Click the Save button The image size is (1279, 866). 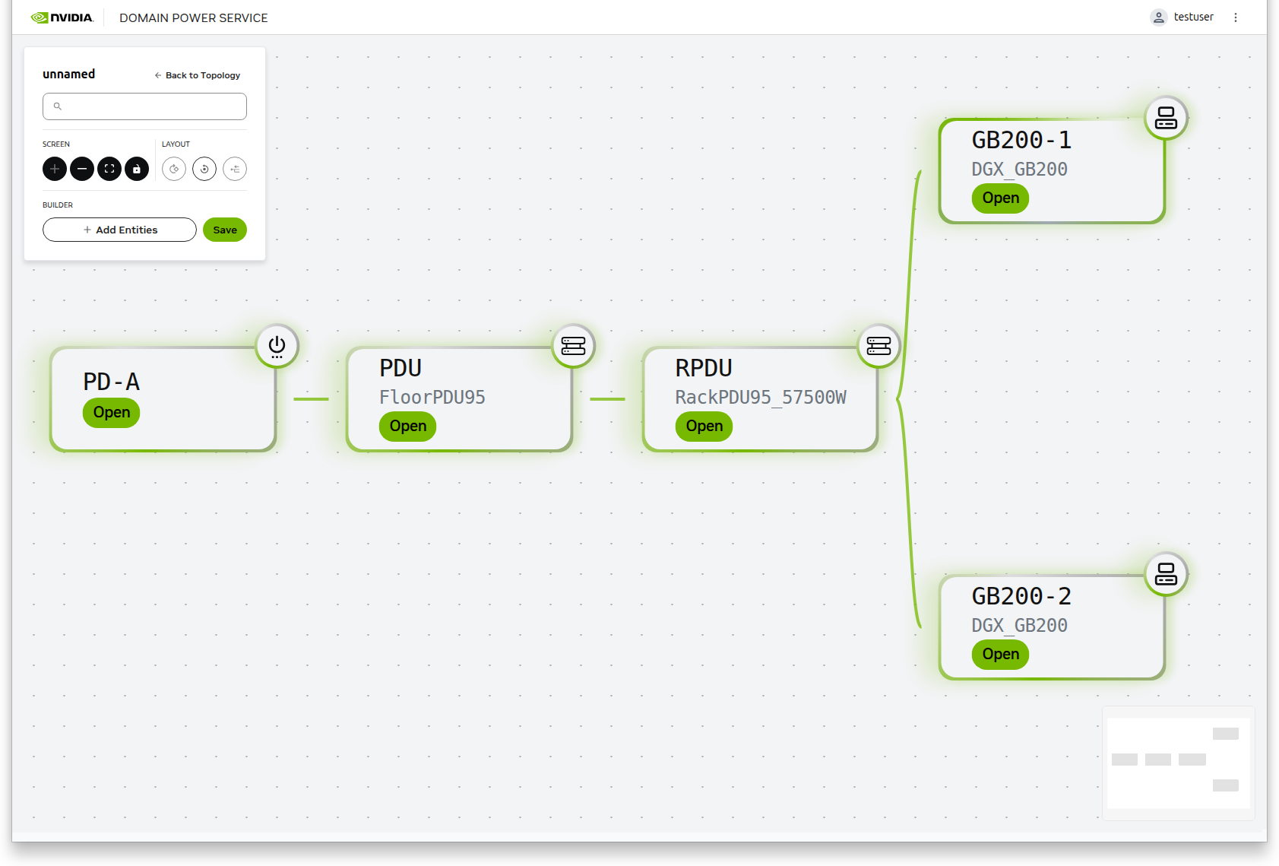tap(225, 230)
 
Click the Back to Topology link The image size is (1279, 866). tap(198, 75)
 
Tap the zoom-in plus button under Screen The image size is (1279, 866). tap(55, 169)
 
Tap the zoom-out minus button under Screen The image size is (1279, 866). tap(82, 169)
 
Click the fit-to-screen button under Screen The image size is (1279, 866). tap(109, 169)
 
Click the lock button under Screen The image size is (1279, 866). tap(137, 169)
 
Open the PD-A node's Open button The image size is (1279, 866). tap(111, 413)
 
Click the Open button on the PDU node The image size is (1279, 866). tap(407, 427)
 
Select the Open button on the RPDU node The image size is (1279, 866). tap(704, 427)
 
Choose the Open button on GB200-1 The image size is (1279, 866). tap(1000, 198)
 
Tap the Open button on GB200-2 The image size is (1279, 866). tap(1000, 655)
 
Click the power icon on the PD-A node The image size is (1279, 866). tap(277, 346)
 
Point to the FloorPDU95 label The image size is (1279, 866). tap(432, 397)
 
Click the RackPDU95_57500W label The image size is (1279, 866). tap(760, 397)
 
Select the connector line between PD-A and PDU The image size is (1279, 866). tap(311, 399)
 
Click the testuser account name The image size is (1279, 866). tap(1193, 17)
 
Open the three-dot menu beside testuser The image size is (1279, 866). tap(1236, 17)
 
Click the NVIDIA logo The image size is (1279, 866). tap(62, 17)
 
